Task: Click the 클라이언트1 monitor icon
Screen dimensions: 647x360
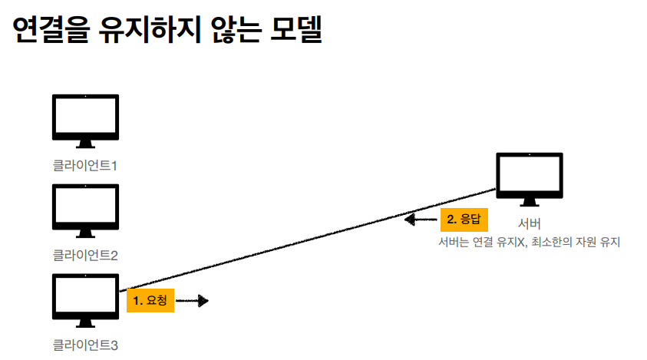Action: click(x=85, y=121)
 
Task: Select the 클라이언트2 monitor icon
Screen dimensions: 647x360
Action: click(x=85, y=210)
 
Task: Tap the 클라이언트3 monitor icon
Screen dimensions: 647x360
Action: click(x=85, y=300)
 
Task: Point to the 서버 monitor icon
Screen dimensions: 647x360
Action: click(x=530, y=179)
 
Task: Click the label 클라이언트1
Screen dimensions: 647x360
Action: click(x=85, y=166)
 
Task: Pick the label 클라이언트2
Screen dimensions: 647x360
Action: click(x=85, y=255)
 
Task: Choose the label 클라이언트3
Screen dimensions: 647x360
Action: click(x=85, y=345)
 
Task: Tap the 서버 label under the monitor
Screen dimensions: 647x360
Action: click(x=530, y=223)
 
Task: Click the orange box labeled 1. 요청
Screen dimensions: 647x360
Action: click(x=150, y=300)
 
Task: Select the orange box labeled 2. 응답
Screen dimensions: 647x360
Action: click(x=464, y=220)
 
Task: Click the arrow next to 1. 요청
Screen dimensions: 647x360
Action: click(x=193, y=301)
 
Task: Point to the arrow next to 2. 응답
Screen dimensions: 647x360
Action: click(x=421, y=220)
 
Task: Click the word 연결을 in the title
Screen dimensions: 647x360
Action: click(x=51, y=29)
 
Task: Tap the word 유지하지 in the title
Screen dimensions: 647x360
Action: click(x=150, y=29)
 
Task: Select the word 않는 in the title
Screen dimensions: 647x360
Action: click(x=236, y=29)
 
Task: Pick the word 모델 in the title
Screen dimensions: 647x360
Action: click(x=296, y=29)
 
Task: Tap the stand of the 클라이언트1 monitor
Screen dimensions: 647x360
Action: click(x=85, y=144)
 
